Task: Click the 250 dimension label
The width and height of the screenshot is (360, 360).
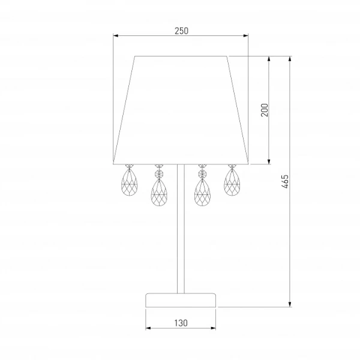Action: pos(181,31)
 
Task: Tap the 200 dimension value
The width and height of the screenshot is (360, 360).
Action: pos(265,110)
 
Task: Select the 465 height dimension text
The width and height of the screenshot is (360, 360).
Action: pos(285,181)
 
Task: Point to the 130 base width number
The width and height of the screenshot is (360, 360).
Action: pos(181,323)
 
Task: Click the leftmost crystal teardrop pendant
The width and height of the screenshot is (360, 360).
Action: pos(129,182)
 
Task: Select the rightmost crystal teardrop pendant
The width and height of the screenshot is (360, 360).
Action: pos(232,182)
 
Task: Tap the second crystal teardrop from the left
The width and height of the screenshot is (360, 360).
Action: pos(159,193)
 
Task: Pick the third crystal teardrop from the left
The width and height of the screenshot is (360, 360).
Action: pos(202,193)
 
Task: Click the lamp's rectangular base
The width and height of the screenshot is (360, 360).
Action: pos(181,300)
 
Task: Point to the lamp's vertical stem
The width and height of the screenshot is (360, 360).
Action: pos(181,229)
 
